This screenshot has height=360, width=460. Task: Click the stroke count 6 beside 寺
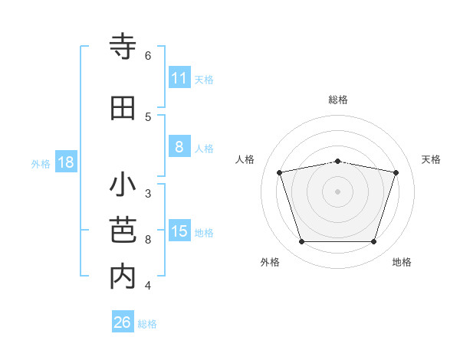(148, 56)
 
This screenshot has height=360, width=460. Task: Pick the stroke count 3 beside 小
(148, 193)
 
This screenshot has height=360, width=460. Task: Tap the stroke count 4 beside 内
(148, 286)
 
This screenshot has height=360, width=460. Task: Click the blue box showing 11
(179, 78)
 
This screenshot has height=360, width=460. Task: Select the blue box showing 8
(179, 147)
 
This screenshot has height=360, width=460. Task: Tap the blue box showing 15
(179, 231)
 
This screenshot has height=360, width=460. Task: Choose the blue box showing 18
(65, 162)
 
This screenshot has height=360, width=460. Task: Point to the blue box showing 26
(123, 322)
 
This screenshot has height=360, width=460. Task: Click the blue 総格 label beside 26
(147, 324)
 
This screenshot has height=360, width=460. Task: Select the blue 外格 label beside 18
(41, 163)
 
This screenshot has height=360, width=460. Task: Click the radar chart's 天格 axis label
(432, 159)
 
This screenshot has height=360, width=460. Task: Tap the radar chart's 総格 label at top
(338, 100)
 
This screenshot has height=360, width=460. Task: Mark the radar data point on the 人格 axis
(280, 172)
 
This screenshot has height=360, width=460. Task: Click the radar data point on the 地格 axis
(373, 242)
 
